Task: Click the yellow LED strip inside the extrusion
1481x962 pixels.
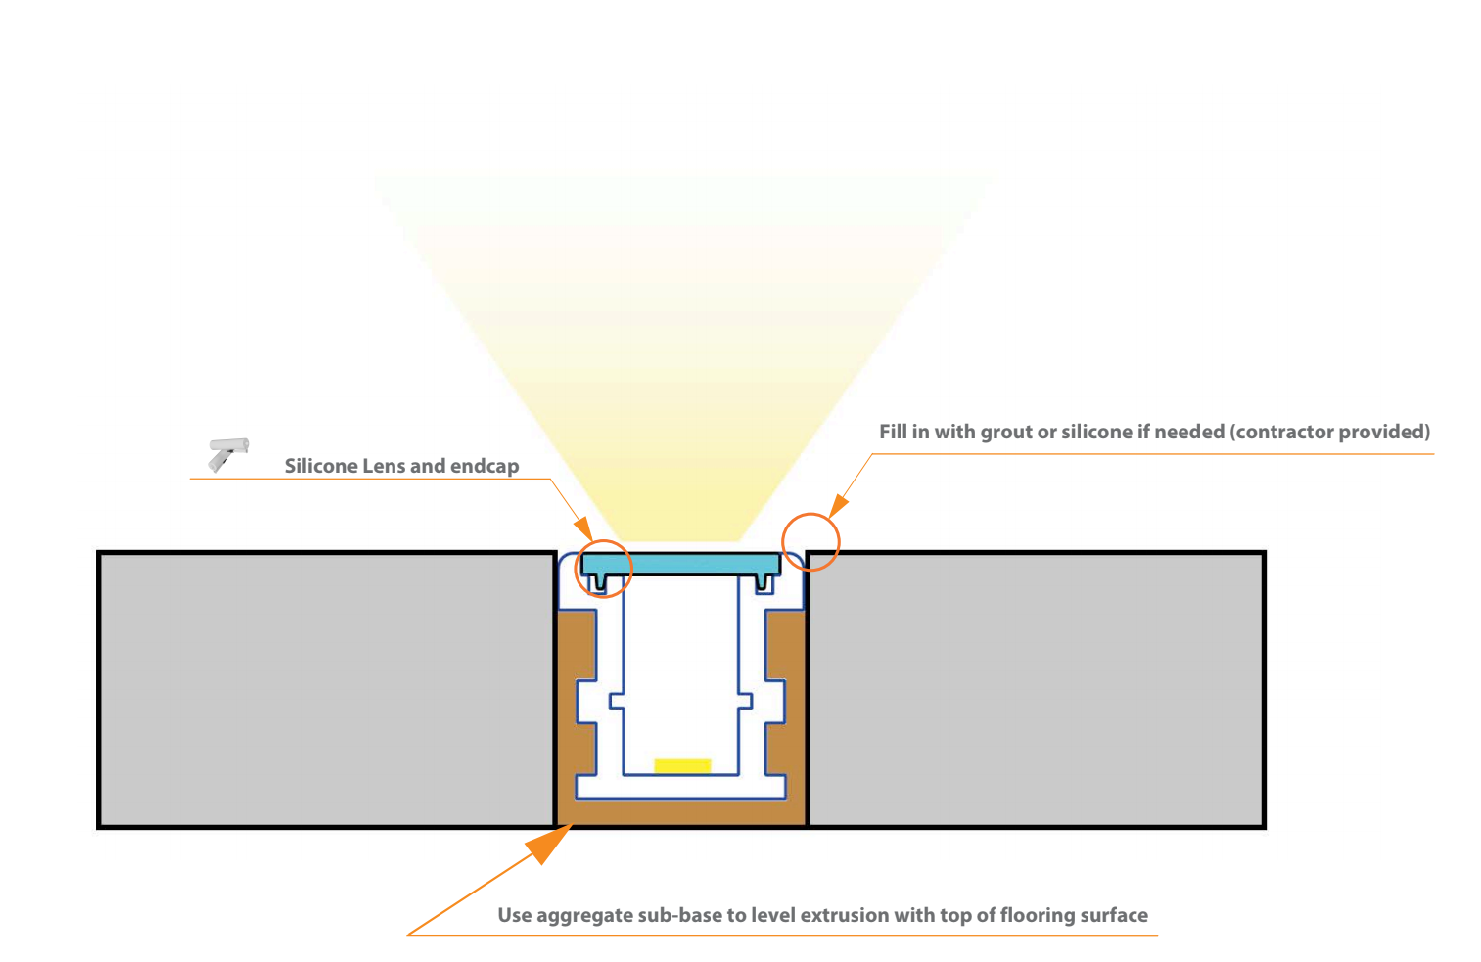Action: (682, 765)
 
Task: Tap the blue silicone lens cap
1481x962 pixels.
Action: (680, 563)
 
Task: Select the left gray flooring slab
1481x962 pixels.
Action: (327, 689)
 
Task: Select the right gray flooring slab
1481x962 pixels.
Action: (1036, 689)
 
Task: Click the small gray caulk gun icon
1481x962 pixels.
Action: (229, 453)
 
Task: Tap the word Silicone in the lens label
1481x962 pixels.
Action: (321, 466)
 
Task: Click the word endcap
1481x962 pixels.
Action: (486, 466)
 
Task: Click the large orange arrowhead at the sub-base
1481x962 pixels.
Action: (549, 843)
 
